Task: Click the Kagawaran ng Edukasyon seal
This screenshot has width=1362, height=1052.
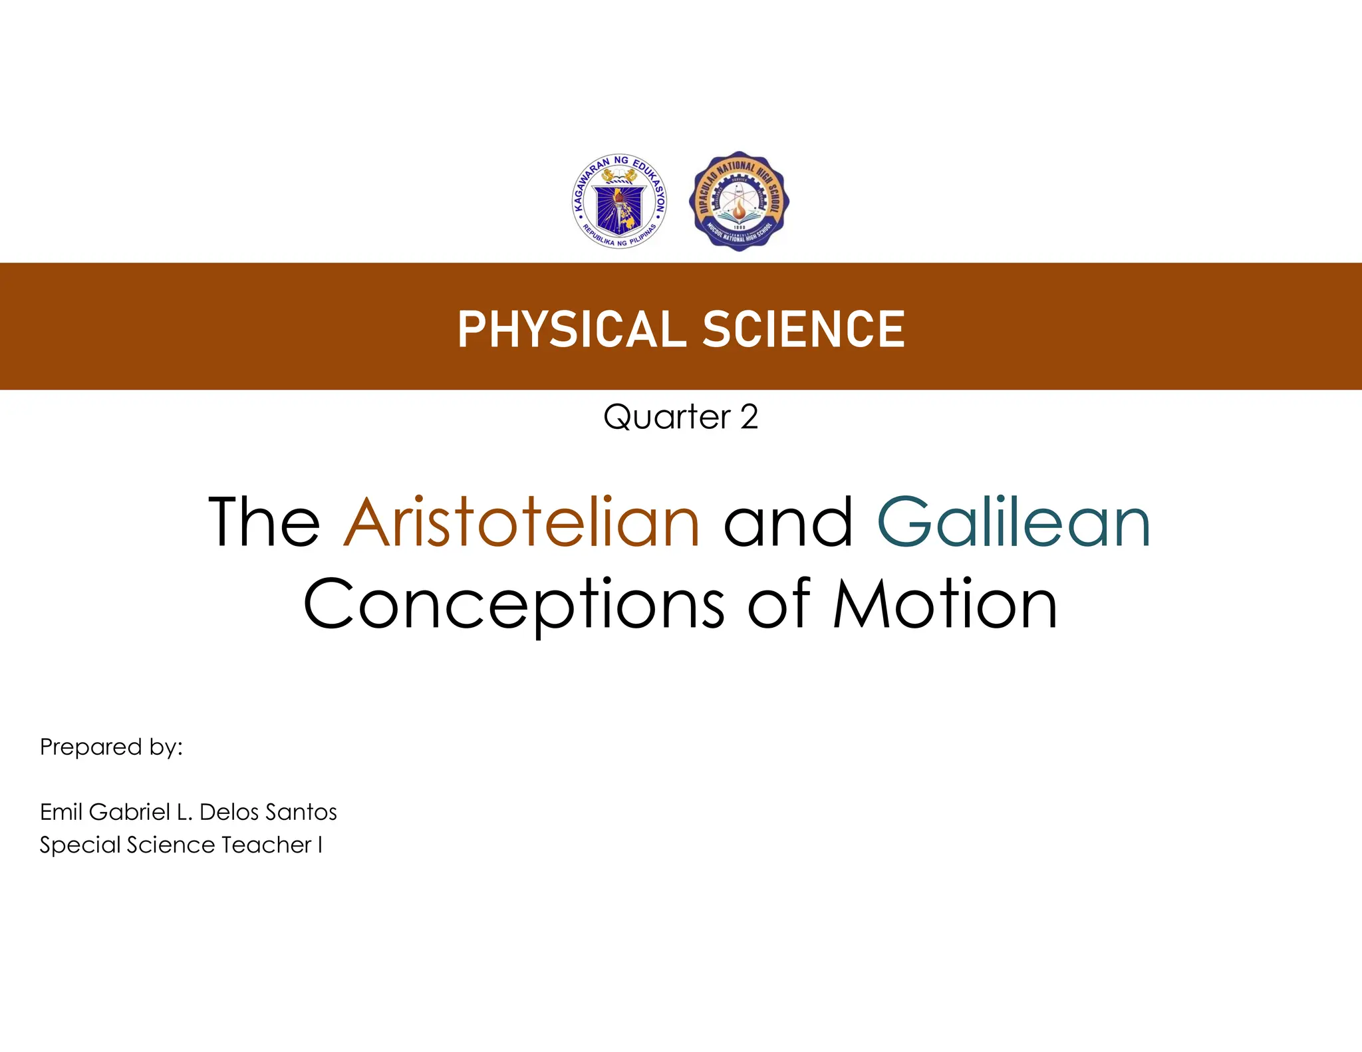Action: tap(619, 201)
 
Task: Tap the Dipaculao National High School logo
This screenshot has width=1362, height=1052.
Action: tap(739, 201)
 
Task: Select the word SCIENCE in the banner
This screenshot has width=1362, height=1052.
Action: tap(803, 329)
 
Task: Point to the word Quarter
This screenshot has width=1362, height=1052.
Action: tap(667, 418)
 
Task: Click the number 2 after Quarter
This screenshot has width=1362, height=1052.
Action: tap(749, 418)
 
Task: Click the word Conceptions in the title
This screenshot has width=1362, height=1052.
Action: tap(513, 604)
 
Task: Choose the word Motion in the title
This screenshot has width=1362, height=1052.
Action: tap(945, 604)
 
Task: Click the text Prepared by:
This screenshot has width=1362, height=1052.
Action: tap(111, 747)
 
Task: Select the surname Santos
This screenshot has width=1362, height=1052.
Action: tap(303, 812)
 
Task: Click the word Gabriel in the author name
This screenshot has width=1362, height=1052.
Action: tap(130, 812)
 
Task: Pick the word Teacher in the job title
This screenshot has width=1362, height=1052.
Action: tap(267, 845)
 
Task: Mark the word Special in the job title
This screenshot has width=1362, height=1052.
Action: tap(80, 845)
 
